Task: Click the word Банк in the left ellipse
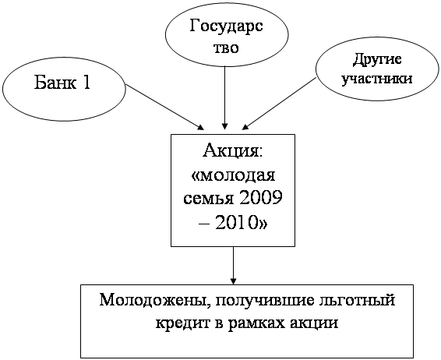tap(55, 83)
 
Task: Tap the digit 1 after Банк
tap(86, 83)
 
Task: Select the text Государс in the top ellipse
tap(226, 27)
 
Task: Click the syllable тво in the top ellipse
tap(227, 48)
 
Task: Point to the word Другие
tap(377, 60)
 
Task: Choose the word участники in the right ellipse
tap(377, 79)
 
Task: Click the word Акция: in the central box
tap(233, 151)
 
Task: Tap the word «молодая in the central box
tap(233, 176)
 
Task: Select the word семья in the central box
tap(208, 199)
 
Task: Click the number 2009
tap(261, 198)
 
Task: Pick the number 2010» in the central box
tap(241, 223)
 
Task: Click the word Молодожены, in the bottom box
tap(153, 300)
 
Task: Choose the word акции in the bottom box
tap(313, 324)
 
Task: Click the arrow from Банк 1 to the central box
tap(164, 108)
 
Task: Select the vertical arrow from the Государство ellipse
tap(224, 98)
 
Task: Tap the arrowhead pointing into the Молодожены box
tap(233, 281)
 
